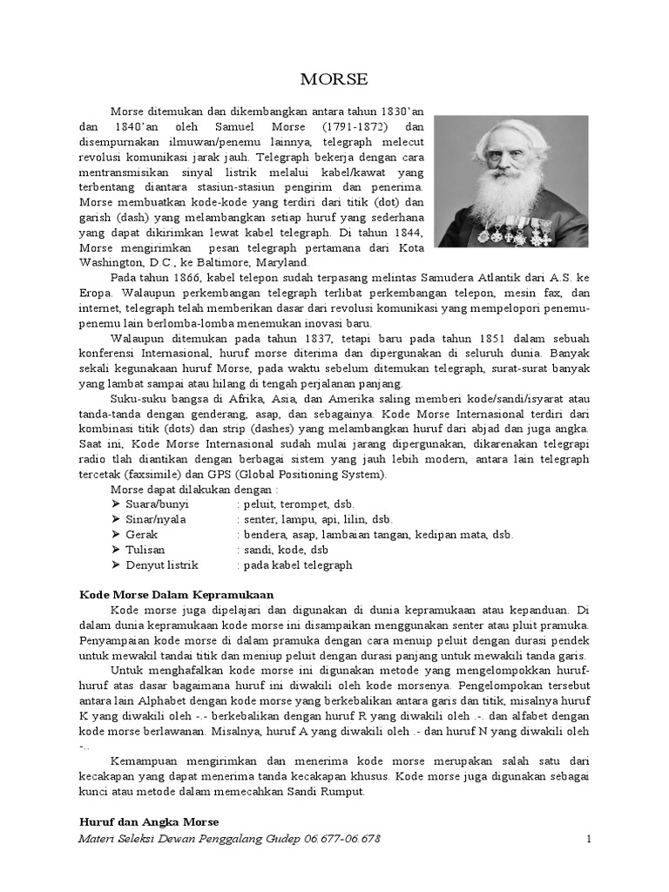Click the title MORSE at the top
coord(334,79)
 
